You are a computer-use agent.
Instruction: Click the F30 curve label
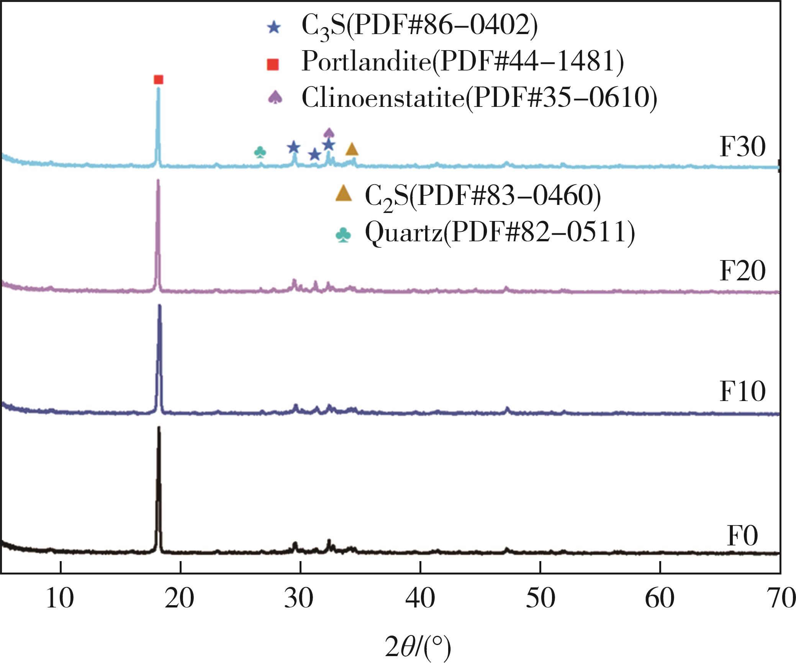(742, 147)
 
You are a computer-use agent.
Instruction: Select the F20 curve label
(742, 271)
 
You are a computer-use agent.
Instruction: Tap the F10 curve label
(742, 392)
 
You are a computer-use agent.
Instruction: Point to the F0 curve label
(742, 536)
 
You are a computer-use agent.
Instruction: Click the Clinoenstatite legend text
(479, 98)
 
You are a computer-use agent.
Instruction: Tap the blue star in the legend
(274, 28)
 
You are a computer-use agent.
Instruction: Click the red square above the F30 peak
(158, 80)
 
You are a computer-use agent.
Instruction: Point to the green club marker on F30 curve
(260, 152)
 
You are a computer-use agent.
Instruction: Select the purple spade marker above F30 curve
(329, 133)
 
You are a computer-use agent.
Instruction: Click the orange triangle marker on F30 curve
(352, 149)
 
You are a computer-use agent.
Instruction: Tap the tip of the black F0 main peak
(159, 427)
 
